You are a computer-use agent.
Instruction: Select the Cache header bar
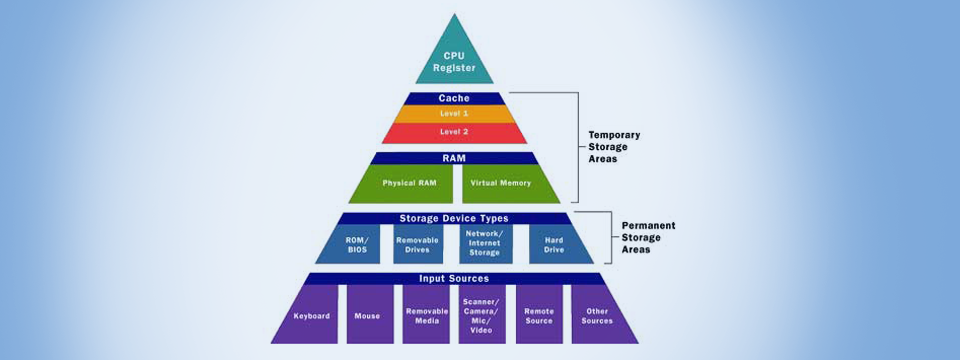tap(454, 98)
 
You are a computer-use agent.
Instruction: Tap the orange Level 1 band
tap(454, 114)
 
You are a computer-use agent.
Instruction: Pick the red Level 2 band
tap(454, 132)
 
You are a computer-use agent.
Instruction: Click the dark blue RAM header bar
tap(454, 158)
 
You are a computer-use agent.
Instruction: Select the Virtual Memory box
tap(502, 183)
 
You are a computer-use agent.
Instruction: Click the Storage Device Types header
tap(454, 218)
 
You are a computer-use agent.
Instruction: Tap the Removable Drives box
tap(418, 244)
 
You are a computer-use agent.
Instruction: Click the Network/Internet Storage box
tap(486, 244)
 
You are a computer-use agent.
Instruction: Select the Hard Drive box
tap(554, 244)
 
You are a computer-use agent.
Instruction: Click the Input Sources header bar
tap(454, 278)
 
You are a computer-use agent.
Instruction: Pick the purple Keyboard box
tap(311, 314)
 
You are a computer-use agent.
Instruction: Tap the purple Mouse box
tap(367, 314)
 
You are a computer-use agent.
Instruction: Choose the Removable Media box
tap(426, 314)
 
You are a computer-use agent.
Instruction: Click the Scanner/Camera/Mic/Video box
tap(483, 314)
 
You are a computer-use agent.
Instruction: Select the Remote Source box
tap(539, 314)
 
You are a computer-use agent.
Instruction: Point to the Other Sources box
tap(597, 314)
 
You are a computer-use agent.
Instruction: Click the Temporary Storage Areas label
tap(614, 146)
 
